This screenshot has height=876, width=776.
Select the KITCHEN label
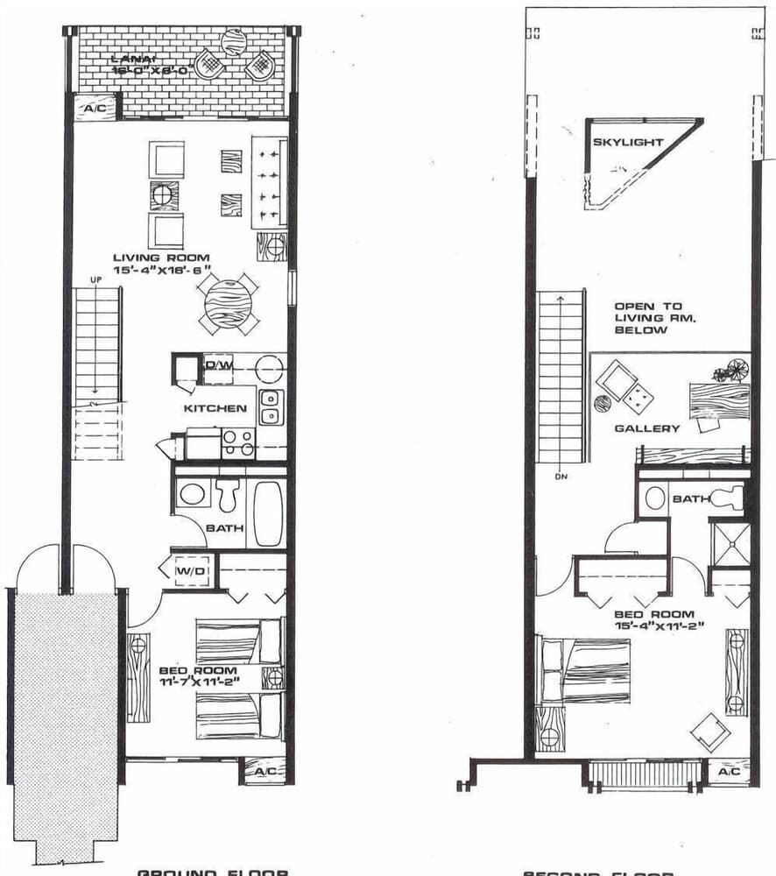tap(215, 408)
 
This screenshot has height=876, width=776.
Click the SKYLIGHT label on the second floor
tap(628, 142)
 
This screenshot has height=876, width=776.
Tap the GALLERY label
tap(646, 428)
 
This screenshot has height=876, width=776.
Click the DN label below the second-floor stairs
tap(557, 478)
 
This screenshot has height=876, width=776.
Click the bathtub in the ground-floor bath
tap(267, 512)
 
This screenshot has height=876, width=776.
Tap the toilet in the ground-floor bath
tap(228, 495)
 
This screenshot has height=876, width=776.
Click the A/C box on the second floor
tap(729, 772)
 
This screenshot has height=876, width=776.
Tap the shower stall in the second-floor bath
tap(729, 543)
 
